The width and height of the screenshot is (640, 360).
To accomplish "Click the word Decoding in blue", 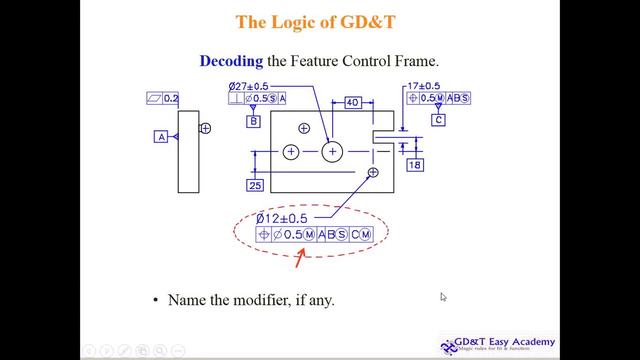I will [x=231, y=61].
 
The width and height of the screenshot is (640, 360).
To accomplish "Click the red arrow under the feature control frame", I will [x=300, y=257].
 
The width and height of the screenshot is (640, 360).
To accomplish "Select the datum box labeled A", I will [x=161, y=136].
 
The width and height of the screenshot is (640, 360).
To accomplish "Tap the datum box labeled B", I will [x=253, y=121].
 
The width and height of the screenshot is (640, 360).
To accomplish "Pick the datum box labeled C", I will [x=438, y=120].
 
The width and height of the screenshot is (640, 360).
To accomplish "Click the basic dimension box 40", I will [x=352, y=102].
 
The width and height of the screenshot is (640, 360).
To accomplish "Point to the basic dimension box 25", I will [x=255, y=185].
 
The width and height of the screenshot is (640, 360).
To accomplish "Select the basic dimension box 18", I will [x=415, y=165].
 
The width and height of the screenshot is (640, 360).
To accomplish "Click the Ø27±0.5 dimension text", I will [x=248, y=86].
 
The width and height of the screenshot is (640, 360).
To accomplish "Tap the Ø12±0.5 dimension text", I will [x=281, y=218].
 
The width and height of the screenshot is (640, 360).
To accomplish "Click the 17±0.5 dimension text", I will [x=423, y=86].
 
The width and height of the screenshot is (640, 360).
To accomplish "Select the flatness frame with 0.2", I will [x=162, y=98].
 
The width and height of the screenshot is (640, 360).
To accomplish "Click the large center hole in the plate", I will [x=332, y=151].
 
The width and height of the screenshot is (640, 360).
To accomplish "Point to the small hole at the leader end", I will [x=373, y=172].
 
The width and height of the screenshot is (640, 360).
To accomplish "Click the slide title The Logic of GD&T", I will [x=315, y=22].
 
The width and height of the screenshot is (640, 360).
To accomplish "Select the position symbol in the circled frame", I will [x=264, y=234].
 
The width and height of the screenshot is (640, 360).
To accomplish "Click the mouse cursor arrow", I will [x=443, y=297].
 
